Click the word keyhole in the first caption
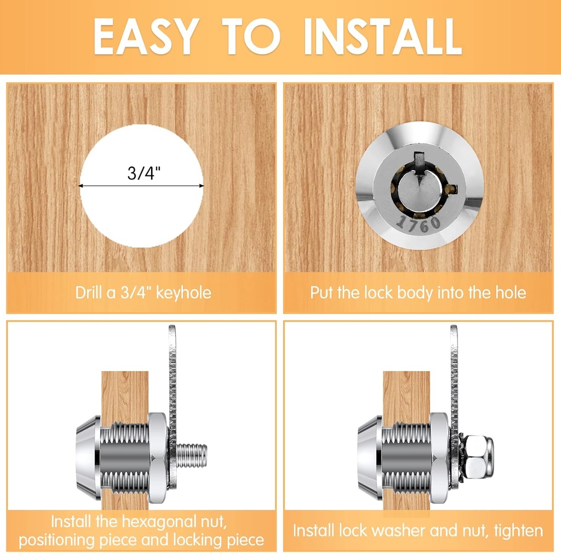pyautogui.click(x=184, y=293)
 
